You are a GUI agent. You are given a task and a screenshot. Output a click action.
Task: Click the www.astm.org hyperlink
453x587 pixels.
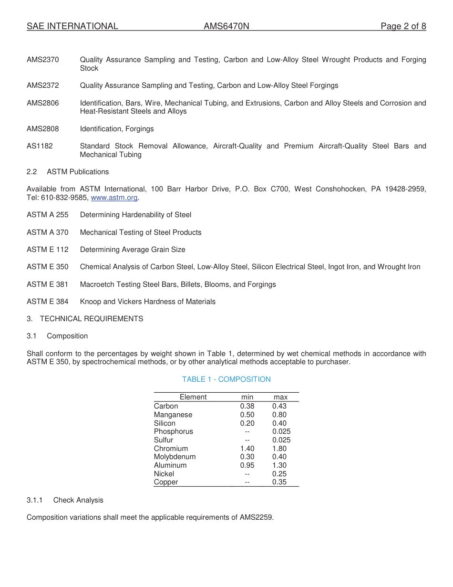[114, 198]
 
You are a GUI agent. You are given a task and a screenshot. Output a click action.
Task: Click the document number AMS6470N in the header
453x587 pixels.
[226, 26]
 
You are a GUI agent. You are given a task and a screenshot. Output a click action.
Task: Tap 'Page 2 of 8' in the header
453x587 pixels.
[403, 26]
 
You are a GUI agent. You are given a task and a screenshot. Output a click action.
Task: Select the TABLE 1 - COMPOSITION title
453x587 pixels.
[226, 379]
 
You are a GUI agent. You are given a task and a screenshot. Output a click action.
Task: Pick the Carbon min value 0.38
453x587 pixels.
[247, 406]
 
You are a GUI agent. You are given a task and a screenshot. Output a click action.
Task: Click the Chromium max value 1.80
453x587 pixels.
[279, 449]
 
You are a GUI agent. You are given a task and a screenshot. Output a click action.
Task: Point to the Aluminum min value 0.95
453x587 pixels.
[247, 465]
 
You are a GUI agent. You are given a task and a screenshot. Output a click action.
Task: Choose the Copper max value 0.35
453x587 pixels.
[279, 482]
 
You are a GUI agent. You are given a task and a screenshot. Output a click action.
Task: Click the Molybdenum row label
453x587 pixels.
[175, 457]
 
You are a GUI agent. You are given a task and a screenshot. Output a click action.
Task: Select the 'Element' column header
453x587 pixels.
[193, 397]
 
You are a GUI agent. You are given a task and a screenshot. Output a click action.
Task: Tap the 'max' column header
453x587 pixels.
[280, 397]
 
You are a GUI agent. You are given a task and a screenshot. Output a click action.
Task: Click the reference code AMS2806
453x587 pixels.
[43, 103]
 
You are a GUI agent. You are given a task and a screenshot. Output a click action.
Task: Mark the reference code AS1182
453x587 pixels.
[40, 146]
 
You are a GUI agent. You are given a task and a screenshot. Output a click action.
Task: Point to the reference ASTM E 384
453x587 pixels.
[47, 302]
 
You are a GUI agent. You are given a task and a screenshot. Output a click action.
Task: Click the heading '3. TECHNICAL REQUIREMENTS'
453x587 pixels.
[85, 319]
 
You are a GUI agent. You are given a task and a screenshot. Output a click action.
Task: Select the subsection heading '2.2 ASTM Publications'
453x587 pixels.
[68, 172]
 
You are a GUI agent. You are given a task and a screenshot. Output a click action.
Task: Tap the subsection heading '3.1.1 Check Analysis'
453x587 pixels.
[65, 500]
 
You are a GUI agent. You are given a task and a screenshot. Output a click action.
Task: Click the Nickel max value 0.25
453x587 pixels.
[279, 474]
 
